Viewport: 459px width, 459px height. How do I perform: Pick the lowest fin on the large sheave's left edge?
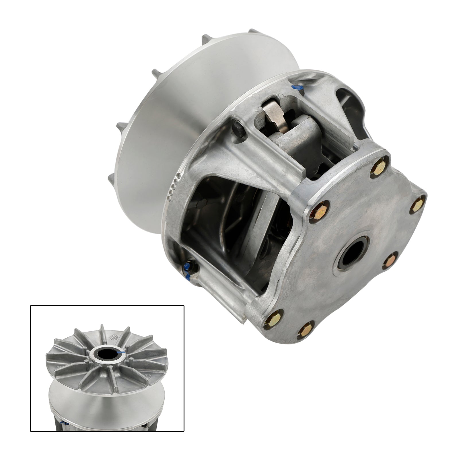pos(113,179)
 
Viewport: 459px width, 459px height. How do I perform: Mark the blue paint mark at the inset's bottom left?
pos(63,423)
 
